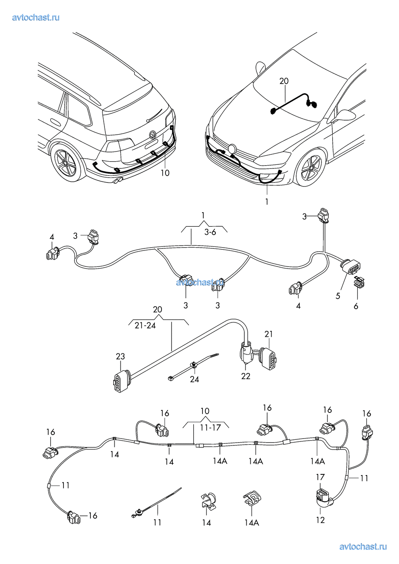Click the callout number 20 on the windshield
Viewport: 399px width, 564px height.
tap(284, 81)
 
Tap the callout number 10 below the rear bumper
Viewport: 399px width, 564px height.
tap(165, 173)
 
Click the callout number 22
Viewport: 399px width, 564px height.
tap(246, 376)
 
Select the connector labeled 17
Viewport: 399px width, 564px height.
tap(321, 495)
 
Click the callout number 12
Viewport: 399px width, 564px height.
tap(320, 520)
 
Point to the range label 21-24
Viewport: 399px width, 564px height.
tap(145, 325)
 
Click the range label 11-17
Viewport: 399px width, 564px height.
tap(210, 427)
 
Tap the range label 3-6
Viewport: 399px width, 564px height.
tap(210, 232)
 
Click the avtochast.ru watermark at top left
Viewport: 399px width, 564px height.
tap(36, 17)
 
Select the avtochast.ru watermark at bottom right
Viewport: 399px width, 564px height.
tap(363, 546)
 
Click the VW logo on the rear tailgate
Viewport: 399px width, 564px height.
tap(152, 134)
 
